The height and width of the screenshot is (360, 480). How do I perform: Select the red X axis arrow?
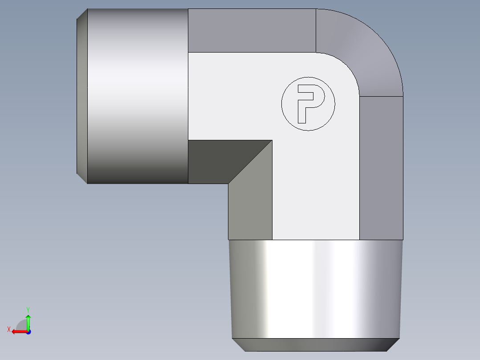click(19, 331)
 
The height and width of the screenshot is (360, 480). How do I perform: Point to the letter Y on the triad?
click(28, 309)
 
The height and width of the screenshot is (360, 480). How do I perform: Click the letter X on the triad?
click(8, 329)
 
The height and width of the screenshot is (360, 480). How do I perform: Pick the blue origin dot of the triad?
click(28, 332)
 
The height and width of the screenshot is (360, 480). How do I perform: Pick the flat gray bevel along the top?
click(252, 30)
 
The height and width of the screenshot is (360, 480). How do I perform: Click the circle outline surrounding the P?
click(282, 104)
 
